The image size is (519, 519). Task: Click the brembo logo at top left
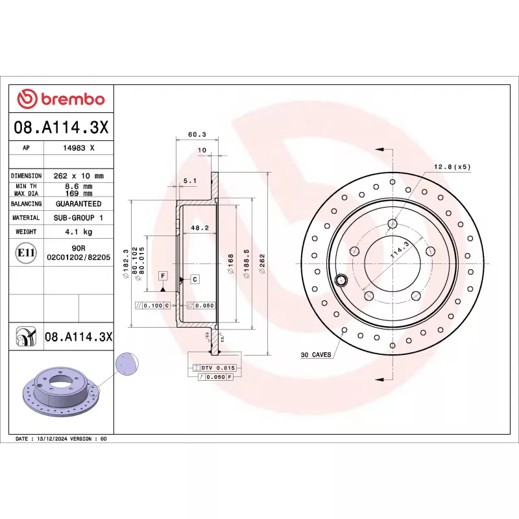click(x=60, y=99)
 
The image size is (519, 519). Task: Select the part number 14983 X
click(x=78, y=148)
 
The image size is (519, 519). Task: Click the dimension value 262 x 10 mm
click(x=78, y=176)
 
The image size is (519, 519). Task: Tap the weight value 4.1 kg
click(x=78, y=232)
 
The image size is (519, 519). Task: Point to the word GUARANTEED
click(x=78, y=204)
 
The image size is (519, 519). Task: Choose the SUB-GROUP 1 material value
click(x=78, y=218)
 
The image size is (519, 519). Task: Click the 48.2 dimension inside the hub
click(x=199, y=228)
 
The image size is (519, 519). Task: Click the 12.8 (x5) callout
click(x=452, y=167)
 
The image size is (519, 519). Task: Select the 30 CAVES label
click(x=316, y=355)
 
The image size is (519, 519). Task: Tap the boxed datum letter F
click(x=163, y=276)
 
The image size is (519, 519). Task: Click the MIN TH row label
click(x=27, y=186)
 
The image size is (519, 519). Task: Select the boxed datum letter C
click(x=194, y=278)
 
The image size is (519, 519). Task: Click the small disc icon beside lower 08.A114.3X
click(x=26, y=337)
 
